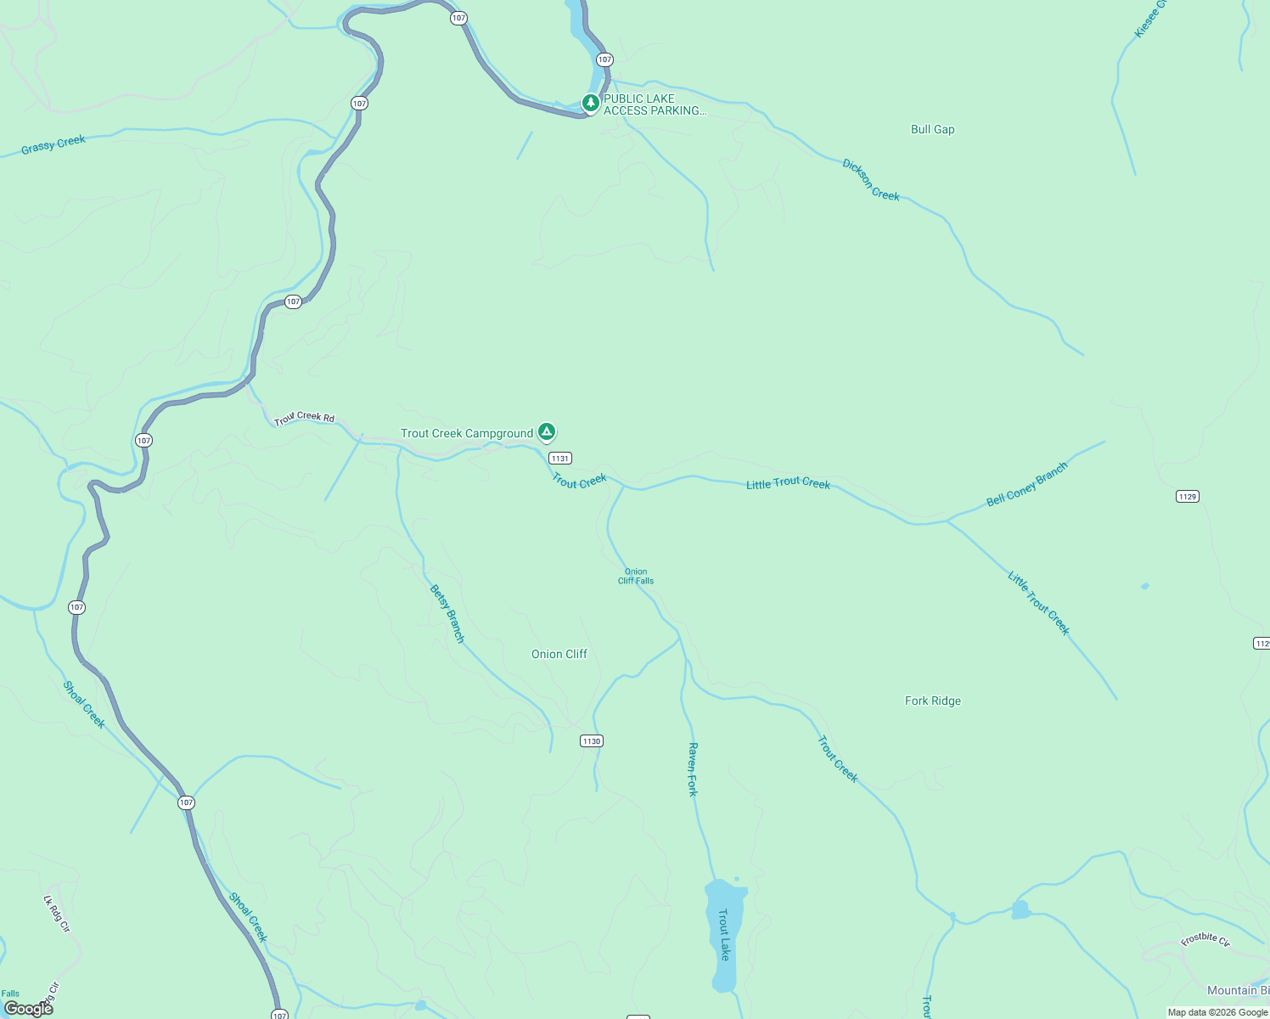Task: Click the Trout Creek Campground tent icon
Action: click(548, 432)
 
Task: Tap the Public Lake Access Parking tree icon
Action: click(591, 103)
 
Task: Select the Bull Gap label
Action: click(932, 129)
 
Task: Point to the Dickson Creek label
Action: click(870, 179)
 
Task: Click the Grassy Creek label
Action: click(53, 144)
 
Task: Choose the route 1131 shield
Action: click(559, 458)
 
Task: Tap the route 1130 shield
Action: click(592, 741)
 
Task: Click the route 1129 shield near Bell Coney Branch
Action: click(1187, 496)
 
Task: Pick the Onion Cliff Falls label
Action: click(636, 576)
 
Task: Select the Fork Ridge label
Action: click(932, 701)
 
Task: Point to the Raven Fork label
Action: click(693, 769)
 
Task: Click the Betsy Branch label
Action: click(447, 613)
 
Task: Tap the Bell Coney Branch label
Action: click(1026, 485)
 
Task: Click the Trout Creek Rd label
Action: click(304, 417)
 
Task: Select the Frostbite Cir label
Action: click(1205, 939)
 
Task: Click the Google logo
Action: click(28, 1008)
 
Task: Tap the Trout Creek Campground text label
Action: click(467, 433)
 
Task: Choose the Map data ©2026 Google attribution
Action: click(1217, 1012)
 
